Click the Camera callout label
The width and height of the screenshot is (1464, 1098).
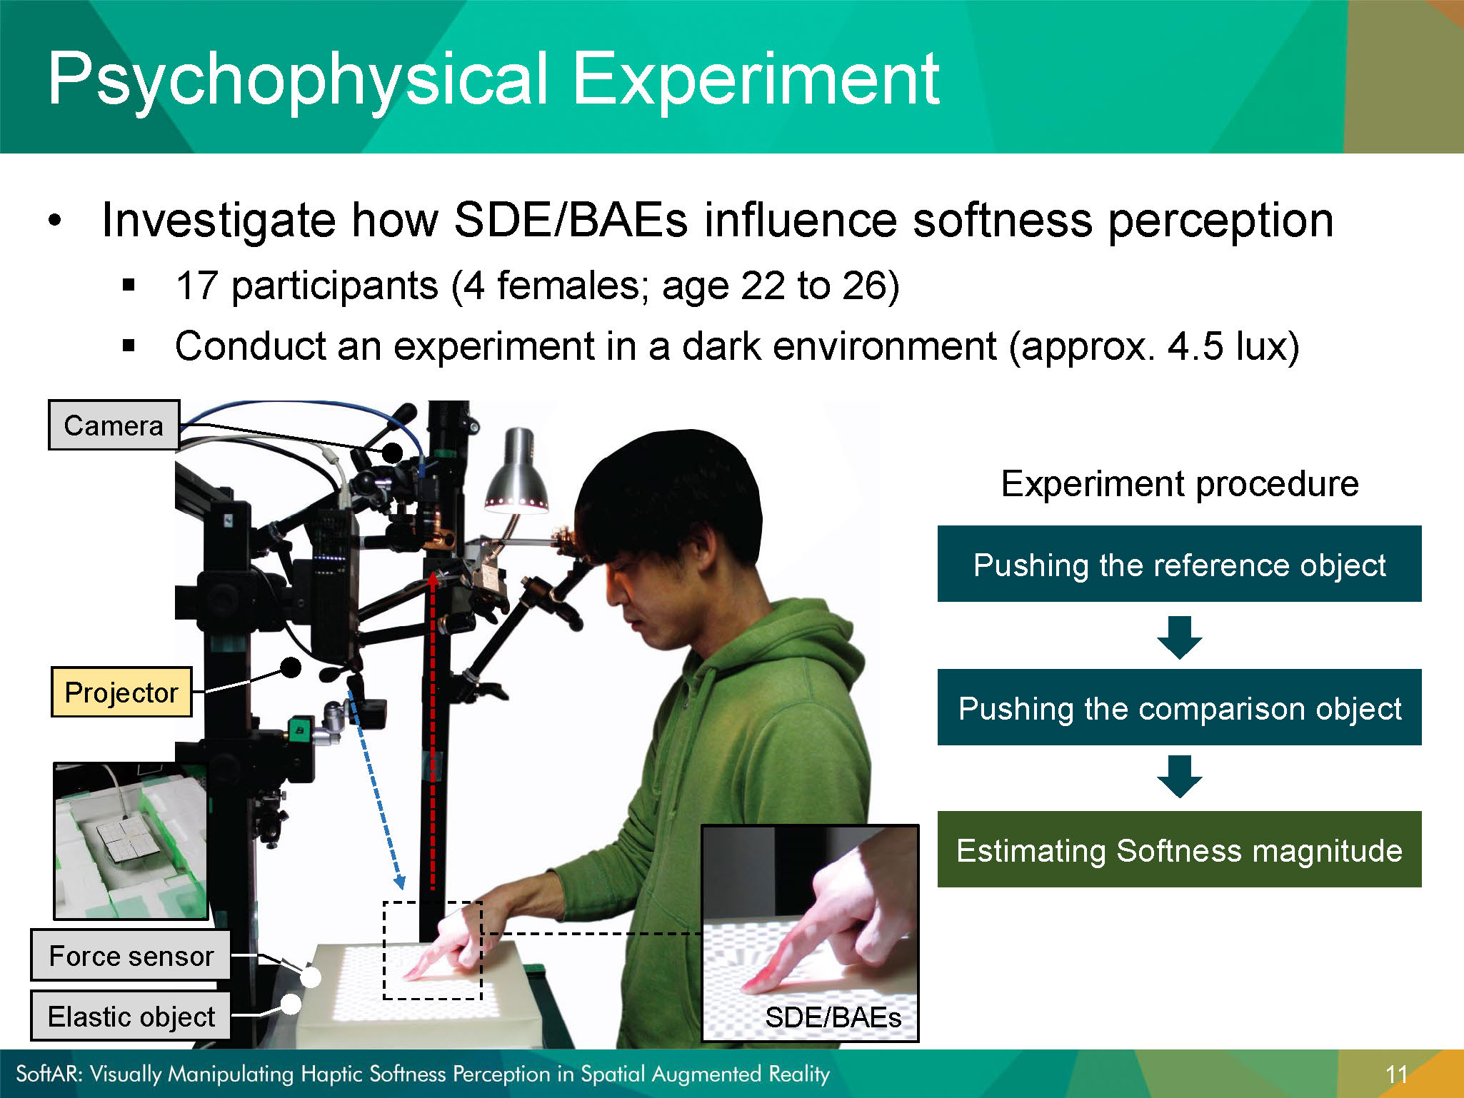click(x=114, y=425)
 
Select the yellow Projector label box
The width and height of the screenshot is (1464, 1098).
click(x=121, y=692)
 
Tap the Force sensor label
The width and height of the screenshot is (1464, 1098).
click(x=131, y=955)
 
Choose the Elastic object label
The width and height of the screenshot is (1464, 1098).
click(x=131, y=1016)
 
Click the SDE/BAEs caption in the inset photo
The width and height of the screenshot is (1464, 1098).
click(x=833, y=1017)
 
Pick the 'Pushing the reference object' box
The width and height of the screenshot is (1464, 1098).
click(x=1179, y=564)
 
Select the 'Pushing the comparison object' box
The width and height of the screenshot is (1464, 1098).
click(x=1179, y=707)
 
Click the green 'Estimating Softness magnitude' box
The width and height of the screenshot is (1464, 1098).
click(x=1179, y=850)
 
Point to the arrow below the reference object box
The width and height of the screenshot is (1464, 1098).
click(x=1179, y=637)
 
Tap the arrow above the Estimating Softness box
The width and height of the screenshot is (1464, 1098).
click(x=1179, y=777)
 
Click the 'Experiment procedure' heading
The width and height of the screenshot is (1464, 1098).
click(x=1180, y=484)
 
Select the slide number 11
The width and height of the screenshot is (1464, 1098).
click(x=1396, y=1074)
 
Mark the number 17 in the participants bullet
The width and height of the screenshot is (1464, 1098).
click(x=196, y=286)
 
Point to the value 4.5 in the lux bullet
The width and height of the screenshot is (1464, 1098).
click(x=1195, y=346)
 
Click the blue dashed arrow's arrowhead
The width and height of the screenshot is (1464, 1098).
click(x=400, y=882)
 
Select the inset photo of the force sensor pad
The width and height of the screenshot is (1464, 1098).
click(x=131, y=841)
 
